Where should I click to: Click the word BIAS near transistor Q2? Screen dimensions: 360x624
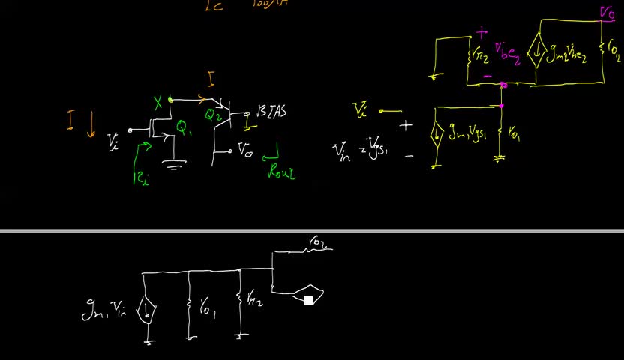click(x=272, y=112)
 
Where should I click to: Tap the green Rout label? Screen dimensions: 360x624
click(x=282, y=171)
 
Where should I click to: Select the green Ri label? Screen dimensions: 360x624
click(x=139, y=178)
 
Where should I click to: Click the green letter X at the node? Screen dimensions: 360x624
click(x=158, y=103)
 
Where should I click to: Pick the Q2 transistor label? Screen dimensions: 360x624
click(x=214, y=115)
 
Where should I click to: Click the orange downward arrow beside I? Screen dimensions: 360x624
click(x=91, y=124)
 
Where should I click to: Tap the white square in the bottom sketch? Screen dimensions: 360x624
click(x=308, y=300)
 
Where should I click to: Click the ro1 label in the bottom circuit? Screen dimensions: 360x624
click(x=205, y=307)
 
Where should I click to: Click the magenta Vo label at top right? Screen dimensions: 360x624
click(x=607, y=12)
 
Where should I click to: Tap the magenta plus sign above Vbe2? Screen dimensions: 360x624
click(x=481, y=33)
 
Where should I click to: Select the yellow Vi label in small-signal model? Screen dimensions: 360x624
click(x=359, y=110)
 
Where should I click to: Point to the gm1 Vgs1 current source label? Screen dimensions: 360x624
click(x=468, y=135)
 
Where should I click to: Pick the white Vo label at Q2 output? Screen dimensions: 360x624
click(x=244, y=150)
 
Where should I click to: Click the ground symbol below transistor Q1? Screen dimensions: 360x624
click(x=174, y=166)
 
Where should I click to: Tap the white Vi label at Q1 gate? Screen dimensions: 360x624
click(x=112, y=140)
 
